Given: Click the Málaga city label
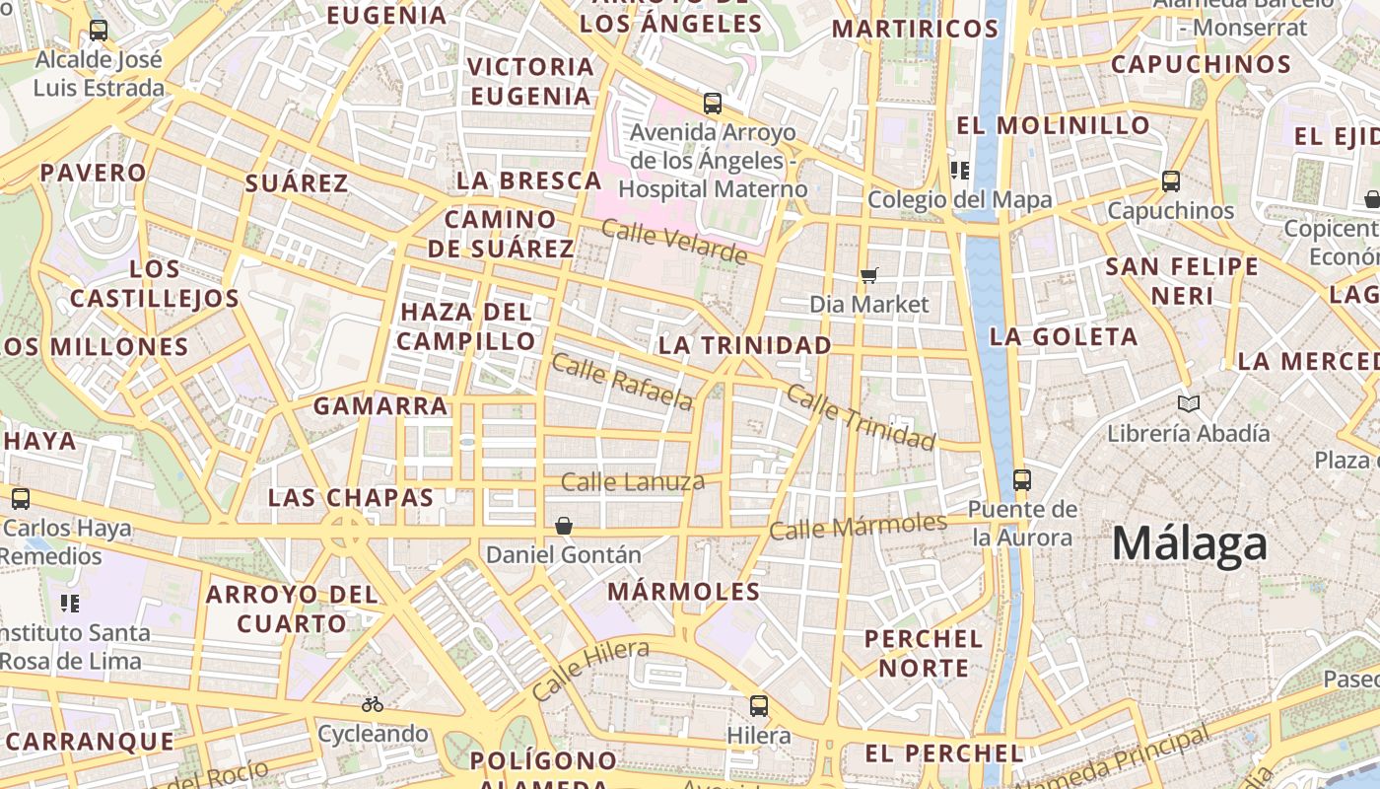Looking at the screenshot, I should tap(1189, 543).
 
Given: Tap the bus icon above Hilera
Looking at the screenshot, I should tap(758, 706).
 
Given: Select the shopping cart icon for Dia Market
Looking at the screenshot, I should tap(868, 275).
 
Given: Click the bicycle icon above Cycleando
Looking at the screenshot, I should tap(372, 704).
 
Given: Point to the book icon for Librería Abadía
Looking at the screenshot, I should tap(1189, 403).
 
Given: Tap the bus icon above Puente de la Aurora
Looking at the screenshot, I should tap(1022, 480).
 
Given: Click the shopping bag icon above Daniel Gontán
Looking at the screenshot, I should tap(564, 526).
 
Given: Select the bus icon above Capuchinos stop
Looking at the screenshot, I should tap(1171, 181).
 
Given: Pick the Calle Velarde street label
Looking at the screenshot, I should tap(674, 243).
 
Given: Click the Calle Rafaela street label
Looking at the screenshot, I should tap(622, 382).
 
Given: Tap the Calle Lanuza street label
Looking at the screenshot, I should tap(633, 482).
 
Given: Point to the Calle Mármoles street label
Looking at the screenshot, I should tap(858, 527).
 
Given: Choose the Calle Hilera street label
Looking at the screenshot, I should tap(589, 669).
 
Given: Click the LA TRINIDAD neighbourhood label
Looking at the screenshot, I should tap(745, 345).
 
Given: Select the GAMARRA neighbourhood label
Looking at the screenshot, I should tap(380, 405).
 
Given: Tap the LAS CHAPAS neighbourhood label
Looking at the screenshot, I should tap(351, 497).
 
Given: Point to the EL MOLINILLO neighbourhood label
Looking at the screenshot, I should tap(1053, 125).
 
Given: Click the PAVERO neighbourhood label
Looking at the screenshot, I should tap(94, 173).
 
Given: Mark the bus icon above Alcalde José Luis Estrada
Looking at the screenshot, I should tap(99, 31).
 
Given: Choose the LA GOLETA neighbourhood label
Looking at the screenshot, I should tap(1064, 336).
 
